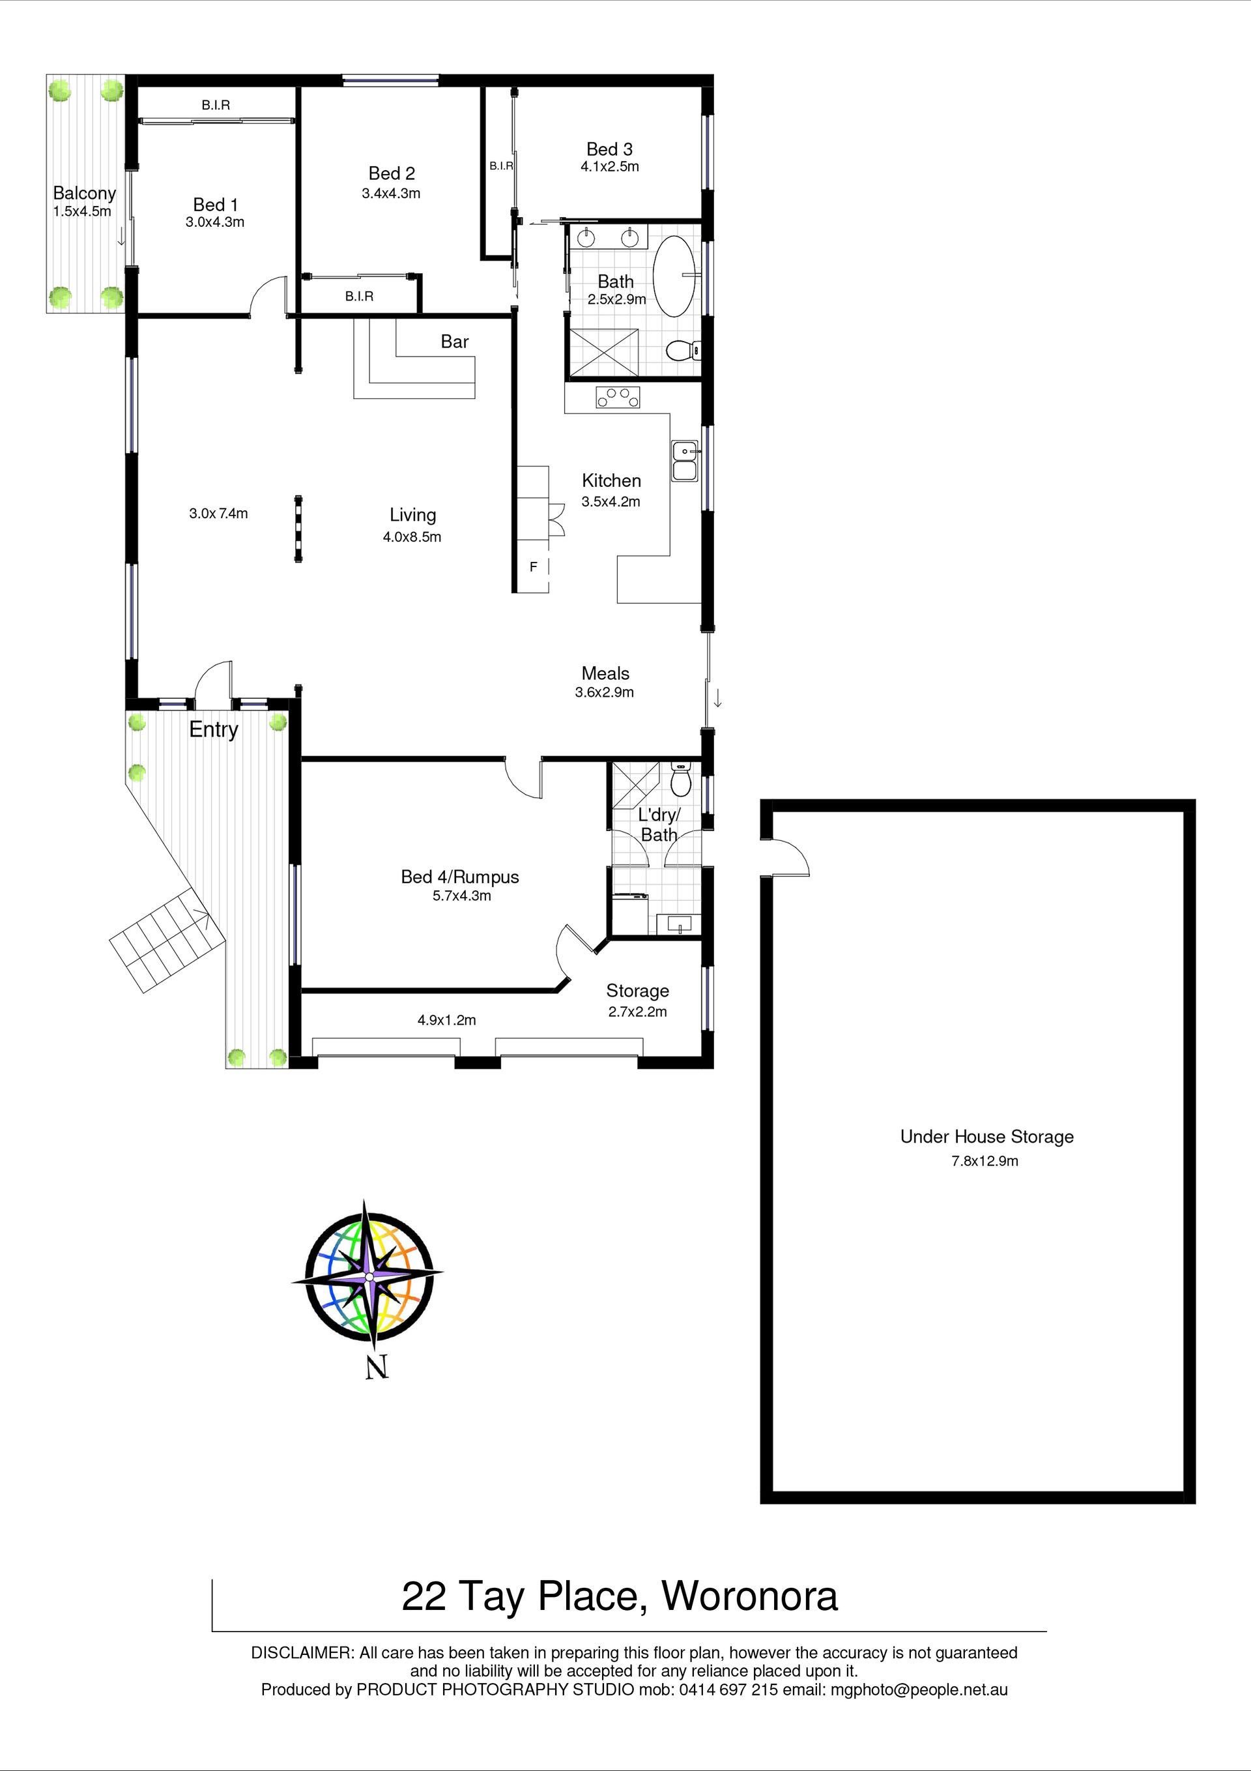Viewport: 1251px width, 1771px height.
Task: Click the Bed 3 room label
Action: [x=609, y=149]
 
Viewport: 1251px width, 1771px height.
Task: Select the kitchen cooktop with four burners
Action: [x=618, y=397]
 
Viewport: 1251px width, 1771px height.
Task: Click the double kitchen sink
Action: [x=684, y=460]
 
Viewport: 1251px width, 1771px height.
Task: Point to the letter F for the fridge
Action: [x=533, y=567]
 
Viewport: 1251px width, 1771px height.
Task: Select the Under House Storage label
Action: [x=986, y=1136]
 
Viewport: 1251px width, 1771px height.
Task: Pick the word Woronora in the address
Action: [x=750, y=1597]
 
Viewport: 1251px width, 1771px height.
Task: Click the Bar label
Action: [x=454, y=342]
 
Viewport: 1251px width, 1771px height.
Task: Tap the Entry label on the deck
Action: [x=214, y=729]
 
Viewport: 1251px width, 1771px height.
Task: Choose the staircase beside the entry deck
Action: [x=167, y=941]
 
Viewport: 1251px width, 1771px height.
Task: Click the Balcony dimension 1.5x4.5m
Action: [x=81, y=211]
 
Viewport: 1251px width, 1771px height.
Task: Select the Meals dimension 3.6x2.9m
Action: [x=604, y=693]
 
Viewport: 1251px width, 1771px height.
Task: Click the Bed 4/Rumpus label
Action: [x=459, y=877]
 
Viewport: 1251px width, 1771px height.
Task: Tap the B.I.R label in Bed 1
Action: [x=216, y=105]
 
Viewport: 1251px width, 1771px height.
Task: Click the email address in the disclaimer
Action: [x=919, y=1690]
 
